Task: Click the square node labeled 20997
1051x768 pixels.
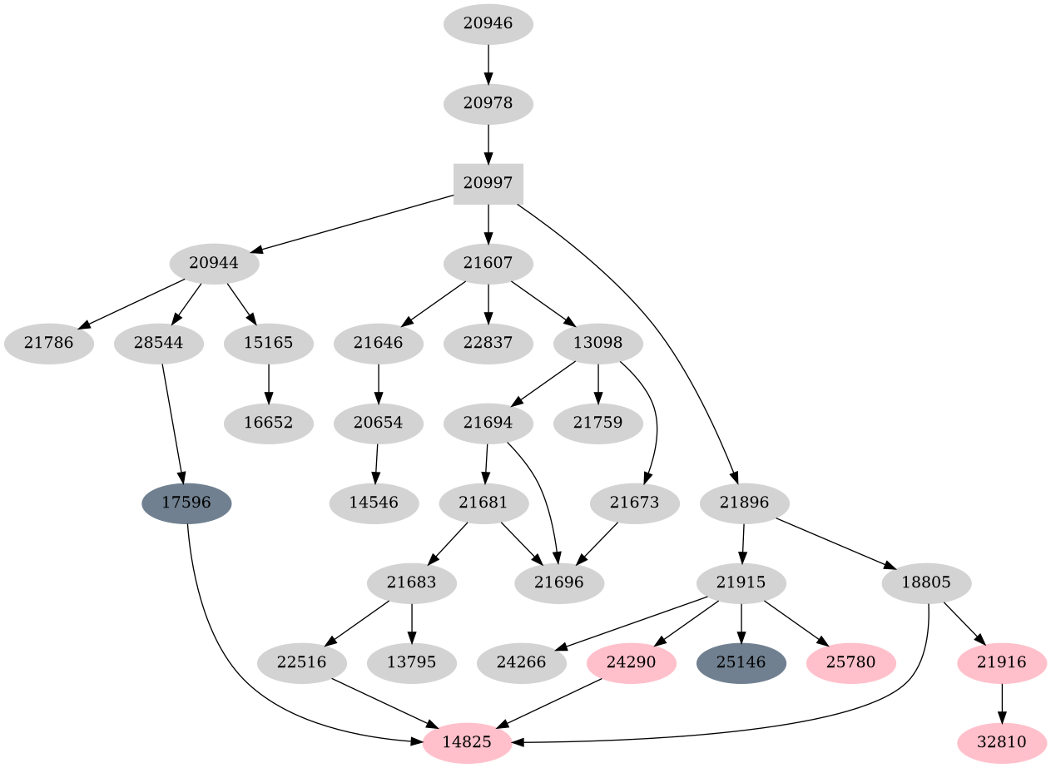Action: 488,184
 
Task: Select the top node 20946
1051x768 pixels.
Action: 488,24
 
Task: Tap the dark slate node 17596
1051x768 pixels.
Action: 186,503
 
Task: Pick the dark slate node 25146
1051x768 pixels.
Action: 741,663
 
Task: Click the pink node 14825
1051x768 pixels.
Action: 467,742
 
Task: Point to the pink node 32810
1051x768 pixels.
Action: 1002,742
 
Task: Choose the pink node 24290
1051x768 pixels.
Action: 631,663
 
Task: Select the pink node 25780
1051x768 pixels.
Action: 850,663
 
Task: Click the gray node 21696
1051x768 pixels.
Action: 559,583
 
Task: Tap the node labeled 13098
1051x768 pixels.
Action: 598,344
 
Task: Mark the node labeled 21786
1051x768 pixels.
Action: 48,344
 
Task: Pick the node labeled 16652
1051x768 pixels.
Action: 268,424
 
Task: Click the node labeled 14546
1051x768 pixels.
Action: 374,503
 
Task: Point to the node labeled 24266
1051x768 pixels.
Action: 522,663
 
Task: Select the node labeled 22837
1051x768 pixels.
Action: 488,344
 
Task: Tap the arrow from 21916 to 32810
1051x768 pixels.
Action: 1002,702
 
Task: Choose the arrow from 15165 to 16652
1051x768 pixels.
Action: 268,384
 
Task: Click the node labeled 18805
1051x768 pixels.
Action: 925,583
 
